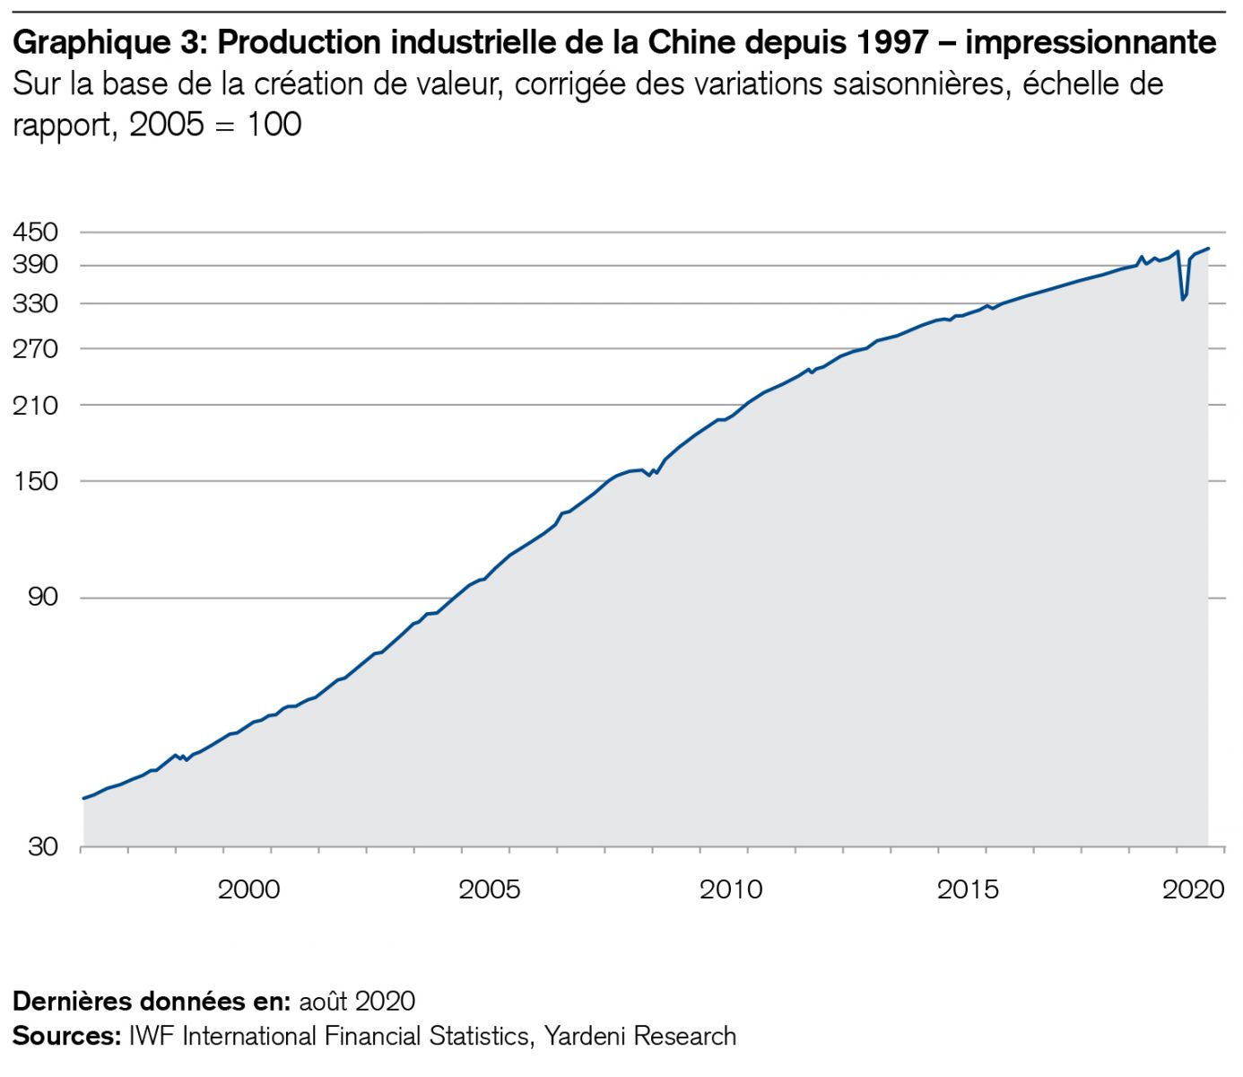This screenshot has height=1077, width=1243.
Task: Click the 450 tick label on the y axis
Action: pos(36,232)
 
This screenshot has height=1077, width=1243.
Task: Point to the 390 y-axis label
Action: pos(36,265)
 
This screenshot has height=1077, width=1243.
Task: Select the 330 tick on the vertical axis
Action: pos(36,303)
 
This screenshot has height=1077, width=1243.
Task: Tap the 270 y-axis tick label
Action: pos(36,348)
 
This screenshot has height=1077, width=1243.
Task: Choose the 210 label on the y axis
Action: pos(36,405)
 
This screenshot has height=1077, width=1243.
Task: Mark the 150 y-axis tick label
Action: pos(36,481)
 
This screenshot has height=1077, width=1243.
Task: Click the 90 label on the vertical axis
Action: pos(42,597)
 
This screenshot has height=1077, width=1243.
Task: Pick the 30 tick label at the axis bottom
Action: pos(42,846)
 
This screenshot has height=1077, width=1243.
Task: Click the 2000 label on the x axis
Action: pos(249,889)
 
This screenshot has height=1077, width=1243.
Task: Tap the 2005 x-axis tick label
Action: pos(489,889)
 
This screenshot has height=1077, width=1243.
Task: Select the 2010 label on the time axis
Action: pos(730,889)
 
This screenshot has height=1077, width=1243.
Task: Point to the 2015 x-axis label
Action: pos(968,889)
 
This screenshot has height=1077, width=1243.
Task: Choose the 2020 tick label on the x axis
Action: pos(1194,889)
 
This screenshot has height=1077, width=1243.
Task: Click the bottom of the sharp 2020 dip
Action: pos(1183,299)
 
